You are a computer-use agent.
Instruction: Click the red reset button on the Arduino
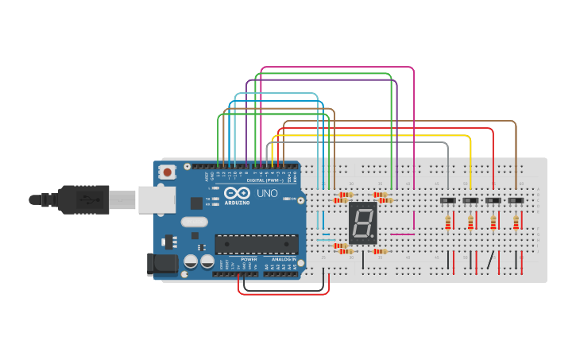(x=168, y=172)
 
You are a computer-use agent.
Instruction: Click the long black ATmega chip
(x=256, y=244)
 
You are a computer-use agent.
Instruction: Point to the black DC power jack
(x=161, y=264)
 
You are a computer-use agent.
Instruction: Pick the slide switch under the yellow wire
(x=470, y=201)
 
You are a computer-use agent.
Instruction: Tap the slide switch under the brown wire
(x=516, y=201)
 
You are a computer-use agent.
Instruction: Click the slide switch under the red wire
(x=493, y=201)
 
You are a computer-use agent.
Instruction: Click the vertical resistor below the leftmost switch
(x=448, y=223)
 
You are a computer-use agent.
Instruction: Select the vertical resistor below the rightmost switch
(x=516, y=223)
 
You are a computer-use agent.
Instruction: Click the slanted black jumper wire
(x=492, y=261)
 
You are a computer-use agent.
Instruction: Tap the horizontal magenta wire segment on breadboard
(x=402, y=234)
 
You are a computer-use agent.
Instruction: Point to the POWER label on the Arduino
(x=249, y=259)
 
